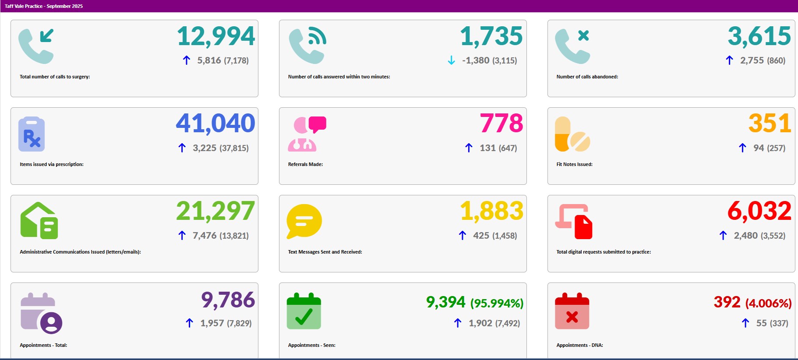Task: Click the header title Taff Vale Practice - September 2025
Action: coord(43,6)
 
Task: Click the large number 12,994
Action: coord(216,36)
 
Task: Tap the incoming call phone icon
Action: coord(36,46)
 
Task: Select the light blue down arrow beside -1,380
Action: coord(451,60)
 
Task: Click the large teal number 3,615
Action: coord(759,36)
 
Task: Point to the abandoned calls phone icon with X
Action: coord(572,46)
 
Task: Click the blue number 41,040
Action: coord(215,123)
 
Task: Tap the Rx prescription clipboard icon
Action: coord(32,134)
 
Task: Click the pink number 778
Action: coord(501,123)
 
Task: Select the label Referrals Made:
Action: coord(305,164)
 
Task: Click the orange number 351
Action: coord(770,123)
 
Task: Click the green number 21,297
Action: coord(215,211)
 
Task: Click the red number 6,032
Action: coord(759,211)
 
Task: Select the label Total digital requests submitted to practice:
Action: coord(603,252)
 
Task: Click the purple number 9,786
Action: coord(228,300)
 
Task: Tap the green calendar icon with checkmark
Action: coord(304,311)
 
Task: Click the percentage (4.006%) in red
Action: coord(768,303)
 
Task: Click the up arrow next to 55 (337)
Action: coord(745,323)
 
